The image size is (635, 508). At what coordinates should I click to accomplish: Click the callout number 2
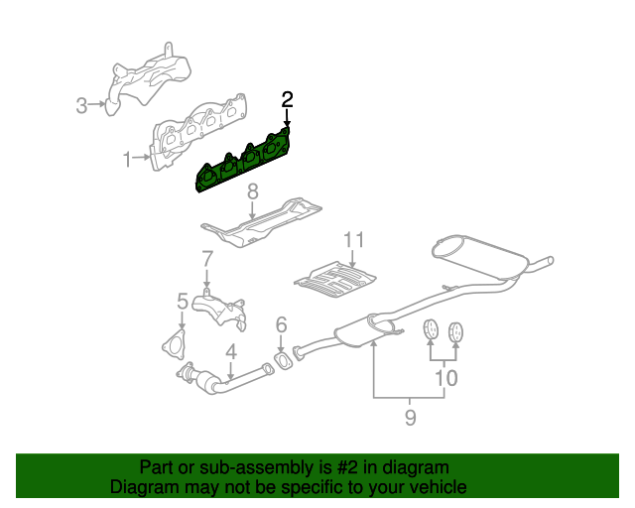pos(287,99)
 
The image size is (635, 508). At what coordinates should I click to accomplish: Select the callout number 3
pos(83,103)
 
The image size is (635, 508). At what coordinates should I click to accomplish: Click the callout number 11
pos(355,240)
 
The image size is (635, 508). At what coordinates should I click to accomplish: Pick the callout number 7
pos(206,260)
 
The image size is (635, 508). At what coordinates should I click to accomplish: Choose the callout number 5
pos(183,300)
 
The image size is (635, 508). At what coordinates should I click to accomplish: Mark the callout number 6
pos(281,324)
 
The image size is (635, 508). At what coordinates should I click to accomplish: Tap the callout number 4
pos(230,350)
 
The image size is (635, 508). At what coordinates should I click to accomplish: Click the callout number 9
pos(410,419)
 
